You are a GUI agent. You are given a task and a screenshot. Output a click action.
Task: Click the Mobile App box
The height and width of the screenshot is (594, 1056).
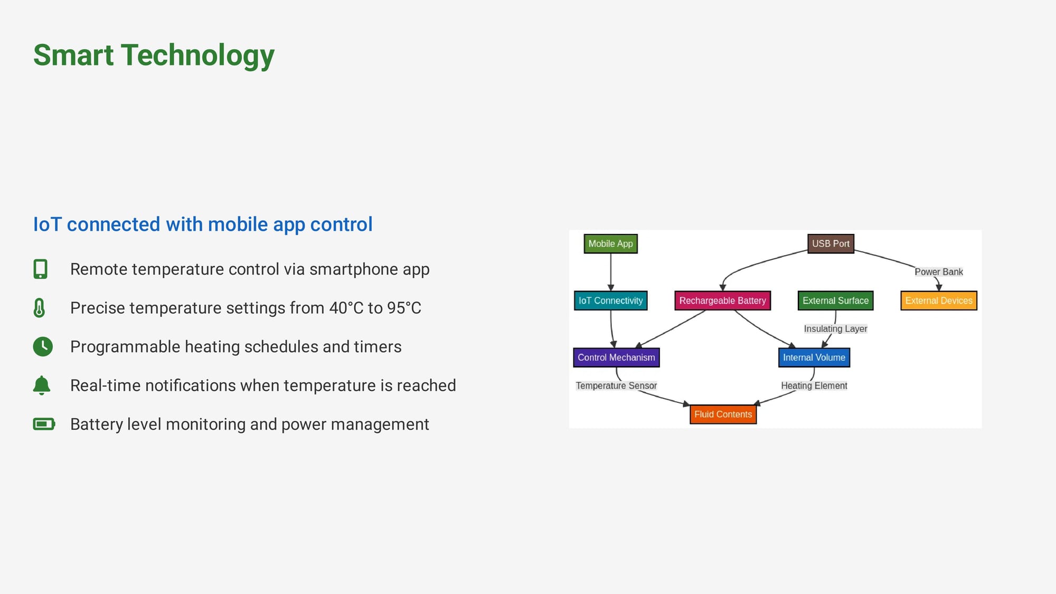(x=610, y=243)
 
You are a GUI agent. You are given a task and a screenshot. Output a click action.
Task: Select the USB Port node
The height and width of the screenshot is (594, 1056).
(x=831, y=243)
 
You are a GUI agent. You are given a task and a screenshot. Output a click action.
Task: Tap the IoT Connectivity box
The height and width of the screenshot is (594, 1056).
(x=610, y=300)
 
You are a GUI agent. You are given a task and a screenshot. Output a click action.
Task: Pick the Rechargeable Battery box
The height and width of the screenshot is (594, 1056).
(x=722, y=300)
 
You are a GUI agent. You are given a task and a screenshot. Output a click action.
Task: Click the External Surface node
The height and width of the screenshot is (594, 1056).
(x=835, y=300)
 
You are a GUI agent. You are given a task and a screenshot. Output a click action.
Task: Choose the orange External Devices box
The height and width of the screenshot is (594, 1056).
(x=938, y=300)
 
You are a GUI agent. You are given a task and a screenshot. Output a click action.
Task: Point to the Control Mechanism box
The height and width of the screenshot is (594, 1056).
(x=616, y=357)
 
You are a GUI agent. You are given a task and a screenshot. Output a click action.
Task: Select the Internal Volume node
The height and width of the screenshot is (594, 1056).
(x=814, y=357)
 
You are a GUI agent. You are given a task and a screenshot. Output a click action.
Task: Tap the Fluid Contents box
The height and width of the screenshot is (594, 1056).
(x=723, y=414)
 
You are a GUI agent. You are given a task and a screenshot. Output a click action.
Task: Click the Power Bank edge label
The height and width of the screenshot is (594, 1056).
(x=938, y=272)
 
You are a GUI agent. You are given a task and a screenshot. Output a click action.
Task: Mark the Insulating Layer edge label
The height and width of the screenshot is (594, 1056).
(x=835, y=329)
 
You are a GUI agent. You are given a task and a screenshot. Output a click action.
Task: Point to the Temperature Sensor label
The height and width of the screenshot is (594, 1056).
(x=616, y=386)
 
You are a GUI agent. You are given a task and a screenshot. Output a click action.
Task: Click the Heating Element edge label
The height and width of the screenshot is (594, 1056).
(x=814, y=386)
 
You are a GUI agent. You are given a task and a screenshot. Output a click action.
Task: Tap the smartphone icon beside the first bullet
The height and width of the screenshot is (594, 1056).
(x=41, y=269)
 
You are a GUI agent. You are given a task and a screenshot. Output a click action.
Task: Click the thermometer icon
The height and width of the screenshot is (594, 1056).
(x=39, y=308)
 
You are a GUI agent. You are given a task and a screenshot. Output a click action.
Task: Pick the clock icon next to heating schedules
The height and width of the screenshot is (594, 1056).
(x=43, y=346)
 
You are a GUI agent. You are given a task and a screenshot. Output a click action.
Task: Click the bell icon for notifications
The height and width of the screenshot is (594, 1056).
(x=42, y=385)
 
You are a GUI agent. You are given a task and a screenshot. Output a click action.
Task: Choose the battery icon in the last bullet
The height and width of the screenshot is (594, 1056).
(x=44, y=424)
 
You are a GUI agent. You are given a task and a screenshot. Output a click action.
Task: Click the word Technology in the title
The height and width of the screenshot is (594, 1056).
(x=197, y=55)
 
